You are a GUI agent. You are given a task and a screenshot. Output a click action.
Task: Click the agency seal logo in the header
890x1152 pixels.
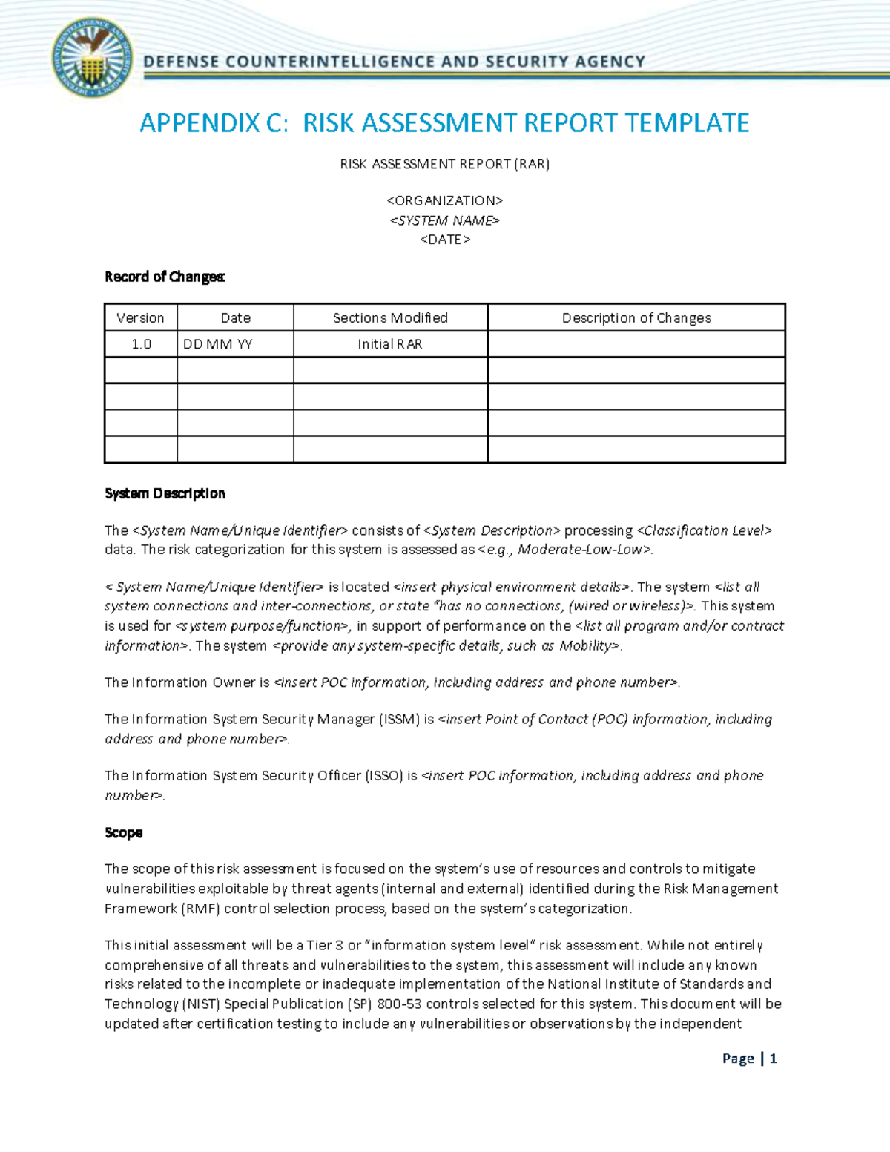point(93,59)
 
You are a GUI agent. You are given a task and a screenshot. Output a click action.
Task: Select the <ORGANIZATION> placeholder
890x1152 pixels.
point(444,201)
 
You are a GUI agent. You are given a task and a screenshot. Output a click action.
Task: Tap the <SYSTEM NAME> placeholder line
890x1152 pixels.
point(444,220)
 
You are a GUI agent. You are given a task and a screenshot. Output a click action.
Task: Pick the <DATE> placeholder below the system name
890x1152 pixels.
point(444,240)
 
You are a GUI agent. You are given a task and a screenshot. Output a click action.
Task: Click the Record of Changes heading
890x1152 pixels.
point(165,277)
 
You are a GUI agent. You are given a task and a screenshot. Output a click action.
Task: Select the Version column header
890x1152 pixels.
point(140,317)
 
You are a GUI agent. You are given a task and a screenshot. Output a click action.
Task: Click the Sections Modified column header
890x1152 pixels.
point(390,317)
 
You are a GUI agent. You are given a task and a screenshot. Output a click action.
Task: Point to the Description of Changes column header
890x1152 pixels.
point(636,317)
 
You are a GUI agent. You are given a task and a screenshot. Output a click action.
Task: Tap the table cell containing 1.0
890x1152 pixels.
point(141,344)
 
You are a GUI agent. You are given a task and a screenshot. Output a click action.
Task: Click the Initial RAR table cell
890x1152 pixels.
point(390,344)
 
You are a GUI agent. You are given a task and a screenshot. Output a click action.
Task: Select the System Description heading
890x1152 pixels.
point(165,493)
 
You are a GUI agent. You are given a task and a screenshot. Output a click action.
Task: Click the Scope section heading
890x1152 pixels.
point(123,832)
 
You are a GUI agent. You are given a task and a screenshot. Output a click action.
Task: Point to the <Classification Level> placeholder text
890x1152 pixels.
point(705,530)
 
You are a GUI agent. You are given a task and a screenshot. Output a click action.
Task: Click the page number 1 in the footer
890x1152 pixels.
point(773,1059)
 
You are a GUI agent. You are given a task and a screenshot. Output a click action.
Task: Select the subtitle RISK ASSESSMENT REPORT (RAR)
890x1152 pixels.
point(444,164)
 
